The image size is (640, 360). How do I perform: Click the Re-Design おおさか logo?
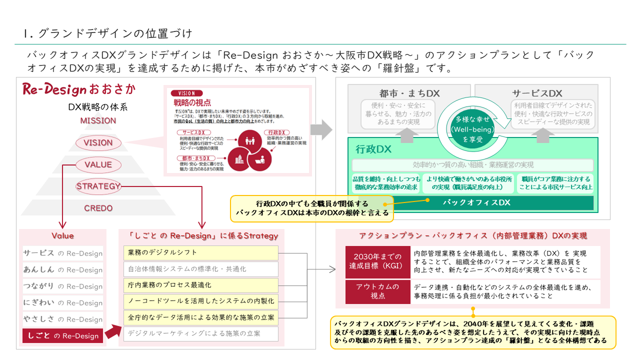tap(79, 90)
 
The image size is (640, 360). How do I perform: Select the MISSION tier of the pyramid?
tap(98, 120)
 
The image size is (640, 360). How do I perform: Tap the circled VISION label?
tap(98, 142)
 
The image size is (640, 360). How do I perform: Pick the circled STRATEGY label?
tap(98, 186)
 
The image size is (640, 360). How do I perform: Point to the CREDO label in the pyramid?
tap(98, 208)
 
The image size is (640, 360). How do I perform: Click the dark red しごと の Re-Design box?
tap(62, 336)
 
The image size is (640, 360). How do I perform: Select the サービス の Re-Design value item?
tap(62, 253)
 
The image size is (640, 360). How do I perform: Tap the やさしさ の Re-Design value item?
tap(62, 319)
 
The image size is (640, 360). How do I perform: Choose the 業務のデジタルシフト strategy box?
tap(200, 252)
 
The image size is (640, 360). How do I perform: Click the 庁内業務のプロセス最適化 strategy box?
tap(200, 285)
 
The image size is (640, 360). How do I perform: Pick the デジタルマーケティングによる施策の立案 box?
tap(200, 333)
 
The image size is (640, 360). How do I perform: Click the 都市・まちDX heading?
tap(409, 93)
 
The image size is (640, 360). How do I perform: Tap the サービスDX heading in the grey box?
tap(536, 93)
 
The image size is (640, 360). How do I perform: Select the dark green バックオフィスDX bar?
tap(476, 202)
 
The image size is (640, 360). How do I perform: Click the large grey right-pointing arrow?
tap(321, 130)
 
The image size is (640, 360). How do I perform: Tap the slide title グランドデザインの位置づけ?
tap(107, 34)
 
